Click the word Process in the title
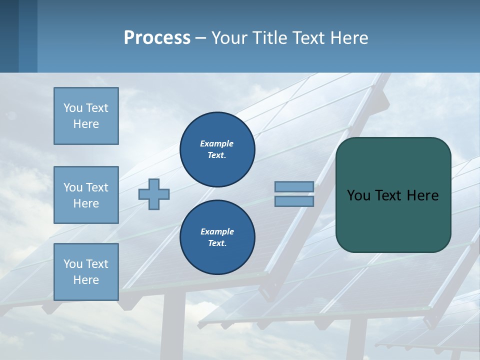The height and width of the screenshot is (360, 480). pos(157,37)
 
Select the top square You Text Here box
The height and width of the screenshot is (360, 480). pos(86,116)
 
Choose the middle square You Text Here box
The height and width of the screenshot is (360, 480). pos(86,195)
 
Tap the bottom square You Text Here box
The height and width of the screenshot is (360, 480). pos(86,272)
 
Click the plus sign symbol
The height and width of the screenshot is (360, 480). pos(154,194)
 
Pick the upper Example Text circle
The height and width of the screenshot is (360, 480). pos(217,149)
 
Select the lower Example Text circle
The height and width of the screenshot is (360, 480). pos(217,237)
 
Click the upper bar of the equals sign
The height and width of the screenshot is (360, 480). pos(294,186)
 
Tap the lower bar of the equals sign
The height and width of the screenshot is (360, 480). pos(294,201)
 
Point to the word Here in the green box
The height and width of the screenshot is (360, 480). pos(422,195)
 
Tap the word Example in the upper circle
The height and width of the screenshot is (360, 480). pos(216,143)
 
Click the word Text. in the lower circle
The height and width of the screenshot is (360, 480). pos(217,243)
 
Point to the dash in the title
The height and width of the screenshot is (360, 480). pos(200,38)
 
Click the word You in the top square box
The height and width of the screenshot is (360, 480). pos(72,108)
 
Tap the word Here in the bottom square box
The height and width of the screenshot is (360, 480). pos(86,280)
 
